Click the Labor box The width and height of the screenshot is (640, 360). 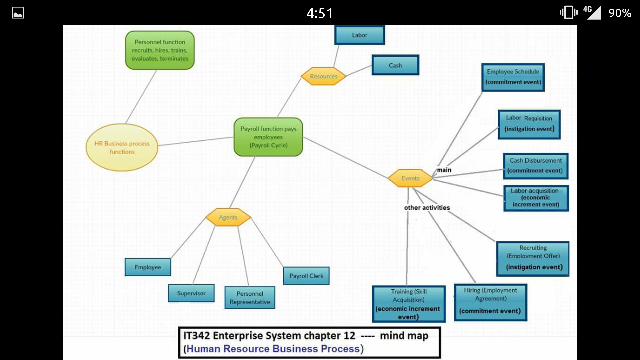[359, 35]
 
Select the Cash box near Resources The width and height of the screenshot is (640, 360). [395, 65]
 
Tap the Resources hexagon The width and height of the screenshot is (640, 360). [323, 76]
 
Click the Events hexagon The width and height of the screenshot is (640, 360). [410, 178]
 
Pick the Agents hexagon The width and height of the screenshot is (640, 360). [228, 217]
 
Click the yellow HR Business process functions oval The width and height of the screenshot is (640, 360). [122, 147]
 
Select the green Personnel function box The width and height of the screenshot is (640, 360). [160, 50]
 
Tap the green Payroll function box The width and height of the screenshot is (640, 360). [268, 137]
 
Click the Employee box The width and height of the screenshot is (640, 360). [148, 267]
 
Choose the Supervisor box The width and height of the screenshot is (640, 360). [191, 293]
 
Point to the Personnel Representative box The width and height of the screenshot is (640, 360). [250, 298]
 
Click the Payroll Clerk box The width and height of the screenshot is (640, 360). [306, 276]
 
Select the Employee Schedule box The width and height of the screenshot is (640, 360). [513, 77]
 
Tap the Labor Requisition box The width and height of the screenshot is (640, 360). [529, 124]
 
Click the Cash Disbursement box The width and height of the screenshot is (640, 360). [535, 166]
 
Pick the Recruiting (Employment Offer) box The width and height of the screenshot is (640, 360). [533, 259]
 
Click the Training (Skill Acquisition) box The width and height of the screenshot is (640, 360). [409, 304]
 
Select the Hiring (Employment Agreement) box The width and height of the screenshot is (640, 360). [490, 302]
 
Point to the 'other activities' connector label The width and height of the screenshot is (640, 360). [427, 208]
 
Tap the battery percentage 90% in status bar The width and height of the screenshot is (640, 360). [620, 13]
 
